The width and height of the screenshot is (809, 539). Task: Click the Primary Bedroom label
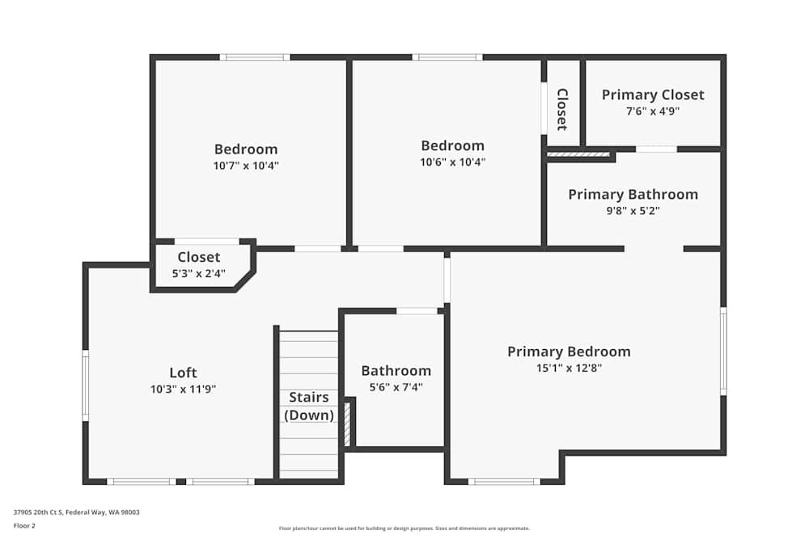coord(569,352)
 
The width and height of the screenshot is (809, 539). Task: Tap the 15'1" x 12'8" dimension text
coord(569,368)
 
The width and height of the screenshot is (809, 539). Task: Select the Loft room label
coord(183,373)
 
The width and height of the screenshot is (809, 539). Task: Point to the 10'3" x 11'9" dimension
coord(183,389)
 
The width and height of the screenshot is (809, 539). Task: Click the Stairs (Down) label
coord(308,406)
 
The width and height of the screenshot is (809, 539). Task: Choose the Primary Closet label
coord(653,95)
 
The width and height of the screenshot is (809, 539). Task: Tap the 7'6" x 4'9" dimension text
coord(653,111)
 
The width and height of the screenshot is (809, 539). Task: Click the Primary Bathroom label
coord(633,194)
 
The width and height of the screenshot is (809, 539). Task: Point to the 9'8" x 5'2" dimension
coord(633,210)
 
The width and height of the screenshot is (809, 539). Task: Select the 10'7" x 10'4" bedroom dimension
coord(246,166)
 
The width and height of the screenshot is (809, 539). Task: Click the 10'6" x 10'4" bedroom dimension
coord(452,162)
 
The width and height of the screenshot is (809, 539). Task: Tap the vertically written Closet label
coord(562,109)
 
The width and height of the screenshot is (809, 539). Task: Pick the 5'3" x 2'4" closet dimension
coord(199,273)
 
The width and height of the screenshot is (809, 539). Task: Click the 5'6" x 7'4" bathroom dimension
coord(396,387)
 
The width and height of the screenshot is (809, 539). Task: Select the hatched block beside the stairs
coord(347,423)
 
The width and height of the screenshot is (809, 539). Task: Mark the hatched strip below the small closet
coord(578,154)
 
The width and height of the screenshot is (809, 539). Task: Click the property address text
coord(76,512)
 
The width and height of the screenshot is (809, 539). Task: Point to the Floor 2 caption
coord(24,525)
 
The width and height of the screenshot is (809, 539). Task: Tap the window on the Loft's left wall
coord(86,385)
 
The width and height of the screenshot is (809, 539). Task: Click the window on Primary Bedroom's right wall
coord(723,352)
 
